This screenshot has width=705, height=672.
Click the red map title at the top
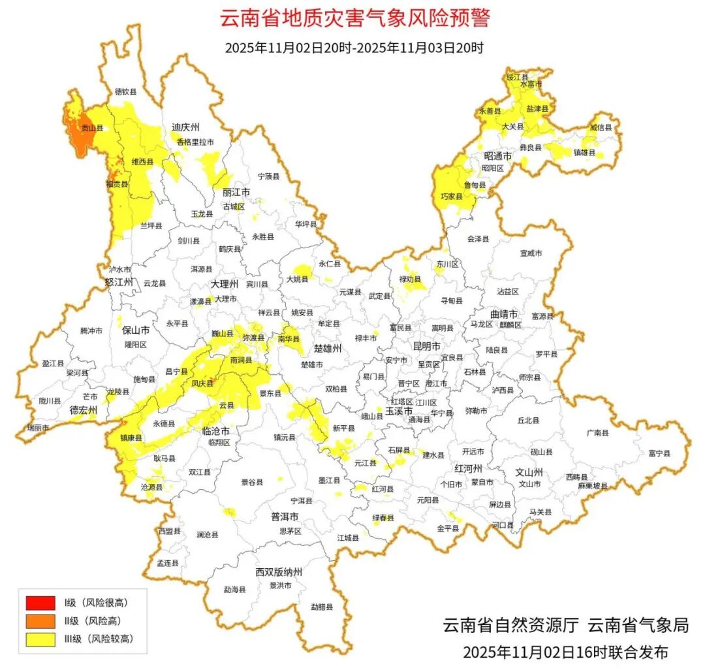point(354,18)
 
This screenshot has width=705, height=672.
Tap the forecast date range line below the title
point(354,48)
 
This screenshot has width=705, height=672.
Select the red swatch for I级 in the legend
point(40,602)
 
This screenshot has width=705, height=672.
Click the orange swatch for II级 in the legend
point(40,620)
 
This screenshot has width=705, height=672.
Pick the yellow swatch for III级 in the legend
point(40,639)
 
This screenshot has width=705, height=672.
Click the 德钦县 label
point(125,92)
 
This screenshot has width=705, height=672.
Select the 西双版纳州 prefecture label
point(279,572)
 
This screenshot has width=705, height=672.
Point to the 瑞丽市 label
point(37,427)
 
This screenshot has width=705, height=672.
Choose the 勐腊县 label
point(322,607)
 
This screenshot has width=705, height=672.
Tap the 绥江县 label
point(516,76)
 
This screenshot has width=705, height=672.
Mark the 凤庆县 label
point(202,384)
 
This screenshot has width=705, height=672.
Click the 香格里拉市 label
point(195,142)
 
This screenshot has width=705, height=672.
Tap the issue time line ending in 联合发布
point(565,652)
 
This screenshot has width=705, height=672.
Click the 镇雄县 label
point(584,153)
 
